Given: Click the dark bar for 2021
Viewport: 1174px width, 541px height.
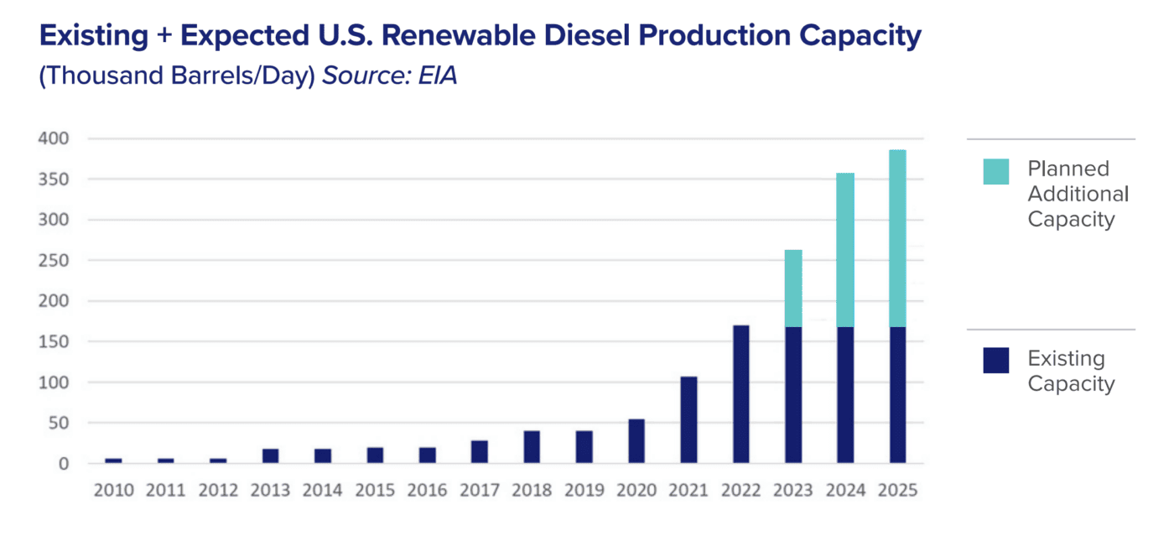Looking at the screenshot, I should pyautogui.click(x=688, y=419).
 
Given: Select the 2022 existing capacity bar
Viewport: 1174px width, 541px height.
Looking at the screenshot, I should pyautogui.click(x=740, y=394).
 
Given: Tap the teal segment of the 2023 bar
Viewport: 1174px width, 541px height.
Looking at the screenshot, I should pyautogui.click(x=793, y=288).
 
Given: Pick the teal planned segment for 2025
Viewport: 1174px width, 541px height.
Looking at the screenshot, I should pyautogui.click(x=897, y=238).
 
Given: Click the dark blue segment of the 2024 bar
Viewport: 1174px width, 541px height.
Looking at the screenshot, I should pyautogui.click(x=845, y=394).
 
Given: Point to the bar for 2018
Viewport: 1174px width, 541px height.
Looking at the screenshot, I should pyautogui.click(x=532, y=447).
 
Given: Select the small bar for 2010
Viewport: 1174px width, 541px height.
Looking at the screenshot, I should pyautogui.click(x=113, y=460).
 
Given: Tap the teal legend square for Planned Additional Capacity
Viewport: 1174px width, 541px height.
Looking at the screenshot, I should pyautogui.click(x=995, y=171).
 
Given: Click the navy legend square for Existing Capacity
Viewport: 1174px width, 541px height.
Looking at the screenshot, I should pyautogui.click(x=995, y=361).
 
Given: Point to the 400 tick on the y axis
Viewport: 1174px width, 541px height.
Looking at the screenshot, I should pyautogui.click(x=54, y=138).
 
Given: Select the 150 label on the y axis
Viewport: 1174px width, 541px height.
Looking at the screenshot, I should pyautogui.click(x=54, y=342).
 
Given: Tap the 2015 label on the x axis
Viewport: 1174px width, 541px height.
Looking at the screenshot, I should pyautogui.click(x=375, y=491).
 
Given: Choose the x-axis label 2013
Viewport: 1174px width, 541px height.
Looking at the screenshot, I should pyautogui.click(x=270, y=491).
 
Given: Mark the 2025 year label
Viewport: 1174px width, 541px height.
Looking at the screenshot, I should pyautogui.click(x=897, y=491).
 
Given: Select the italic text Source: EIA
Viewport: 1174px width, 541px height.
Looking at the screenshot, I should pyautogui.click(x=389, y=75).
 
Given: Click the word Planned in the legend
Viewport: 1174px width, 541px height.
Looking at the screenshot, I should pyautogui.click(x=1068, y=169).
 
